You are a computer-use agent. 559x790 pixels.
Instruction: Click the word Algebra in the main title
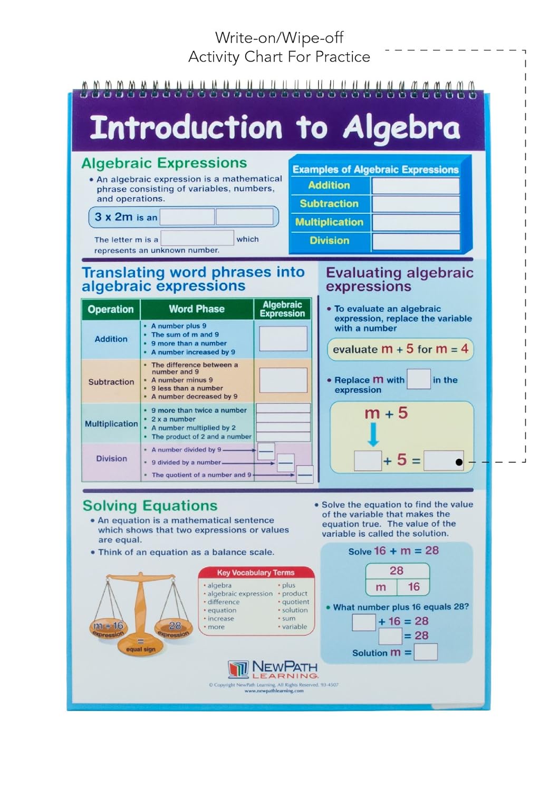pyautogui.click(x=402, y=128)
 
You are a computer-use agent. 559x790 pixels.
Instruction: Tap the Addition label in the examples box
pyautogui.click(x=329, y=185)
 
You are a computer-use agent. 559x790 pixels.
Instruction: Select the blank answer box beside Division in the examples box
pyautogui.click(x=416, y=241)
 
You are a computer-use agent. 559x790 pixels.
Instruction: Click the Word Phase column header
pyautogui.click(x=197, y=309)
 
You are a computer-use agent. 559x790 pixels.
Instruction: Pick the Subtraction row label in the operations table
pyautogui.click(x=111, y=382)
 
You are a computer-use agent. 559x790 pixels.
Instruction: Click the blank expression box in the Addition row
pyautogui.click(x=283, y=339)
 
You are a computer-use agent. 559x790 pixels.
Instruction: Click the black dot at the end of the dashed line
pyautogui.click(x=459, y=462)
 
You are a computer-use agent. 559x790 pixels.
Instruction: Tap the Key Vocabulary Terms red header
pyautogui.click(x=256, y=572)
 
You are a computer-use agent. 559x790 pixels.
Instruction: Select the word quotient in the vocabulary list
pyautogui.click(x=295, y=602)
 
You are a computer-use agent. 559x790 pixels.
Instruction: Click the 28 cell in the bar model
pyautogui.click(x=397, y=570)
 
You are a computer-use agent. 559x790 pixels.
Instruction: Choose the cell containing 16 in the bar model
pyautogui.click(x=413, y=587)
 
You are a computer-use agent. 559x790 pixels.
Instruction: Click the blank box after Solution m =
pyautogui.click(x=426, y=653)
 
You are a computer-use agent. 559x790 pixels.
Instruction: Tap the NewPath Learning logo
pyautogui.click(x=273, y=669)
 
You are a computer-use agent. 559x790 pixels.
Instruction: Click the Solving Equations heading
pyautogui.click(x=150, y=506)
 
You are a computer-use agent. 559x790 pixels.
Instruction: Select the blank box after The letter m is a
pyautogui.click(x=197, y=239)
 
